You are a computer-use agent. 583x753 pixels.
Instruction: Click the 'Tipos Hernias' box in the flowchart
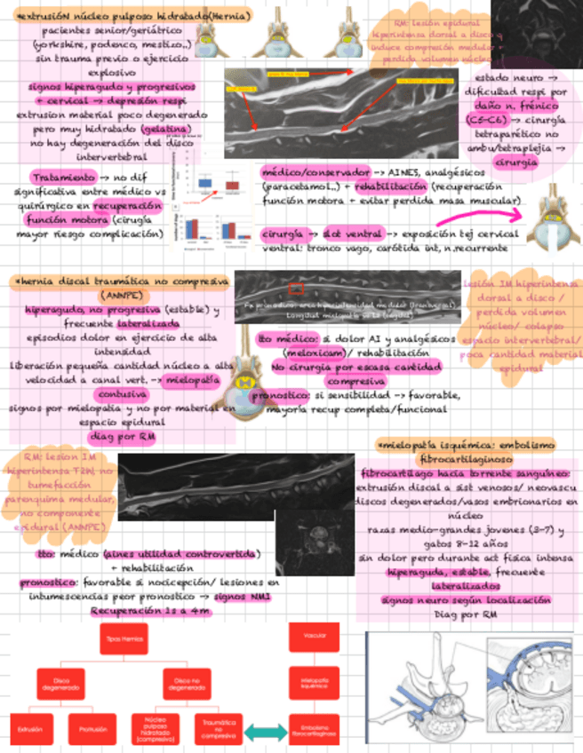[x=124, y=638]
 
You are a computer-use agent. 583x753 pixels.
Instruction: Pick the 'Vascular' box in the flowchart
[x=314, y=636]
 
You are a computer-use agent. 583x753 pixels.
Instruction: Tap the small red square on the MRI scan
[x=296, y=289]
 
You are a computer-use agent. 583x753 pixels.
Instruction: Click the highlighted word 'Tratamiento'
[x=62, y=177]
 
